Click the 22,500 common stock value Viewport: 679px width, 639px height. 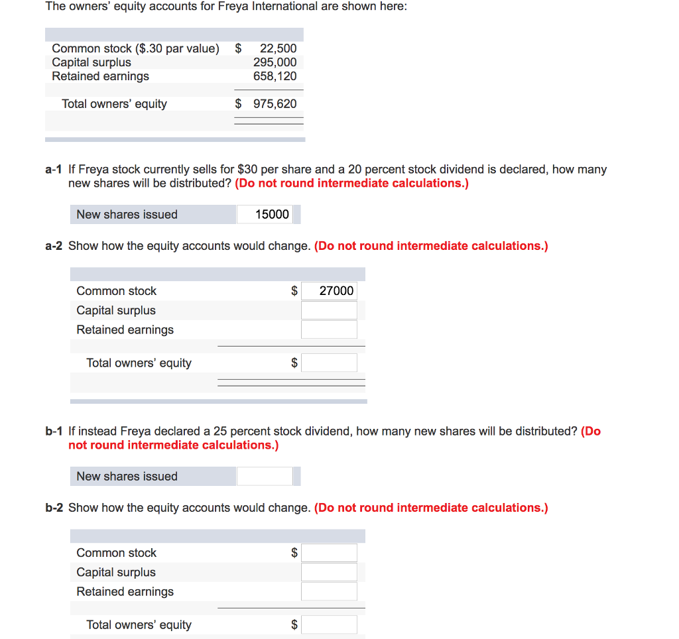click(x=278, y=48)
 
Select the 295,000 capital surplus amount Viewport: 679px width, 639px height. click(x=275, y=62)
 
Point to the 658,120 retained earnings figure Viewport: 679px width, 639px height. click(x=275, y=76)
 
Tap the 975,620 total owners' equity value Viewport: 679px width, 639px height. click(x=275, y=104)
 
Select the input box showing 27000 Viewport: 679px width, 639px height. click(x=329, y=290)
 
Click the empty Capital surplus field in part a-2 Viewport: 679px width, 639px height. click(x=329, y=310)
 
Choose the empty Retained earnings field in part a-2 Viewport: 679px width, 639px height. click(x=329, y=329)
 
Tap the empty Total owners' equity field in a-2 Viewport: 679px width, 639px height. click(x=329, y=363)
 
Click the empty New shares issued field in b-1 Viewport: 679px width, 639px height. click(x=265, y=476)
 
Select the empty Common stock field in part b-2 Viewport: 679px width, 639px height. click(x=329, y=552)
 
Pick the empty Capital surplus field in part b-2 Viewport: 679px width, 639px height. click(x=329, y=572)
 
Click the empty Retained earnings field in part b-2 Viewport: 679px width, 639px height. click(x=329, y=591)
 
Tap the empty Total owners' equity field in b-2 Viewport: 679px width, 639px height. click(x=329, y=624)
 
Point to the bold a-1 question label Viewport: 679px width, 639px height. click(x=54, y=170)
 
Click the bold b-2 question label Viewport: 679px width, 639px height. click(x=54, y=508)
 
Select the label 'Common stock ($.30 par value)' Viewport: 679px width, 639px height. click(x=135, y=48)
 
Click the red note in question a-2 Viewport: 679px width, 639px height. click(x=431, y=246)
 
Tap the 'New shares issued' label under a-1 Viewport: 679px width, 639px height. click(x=127, y=214)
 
